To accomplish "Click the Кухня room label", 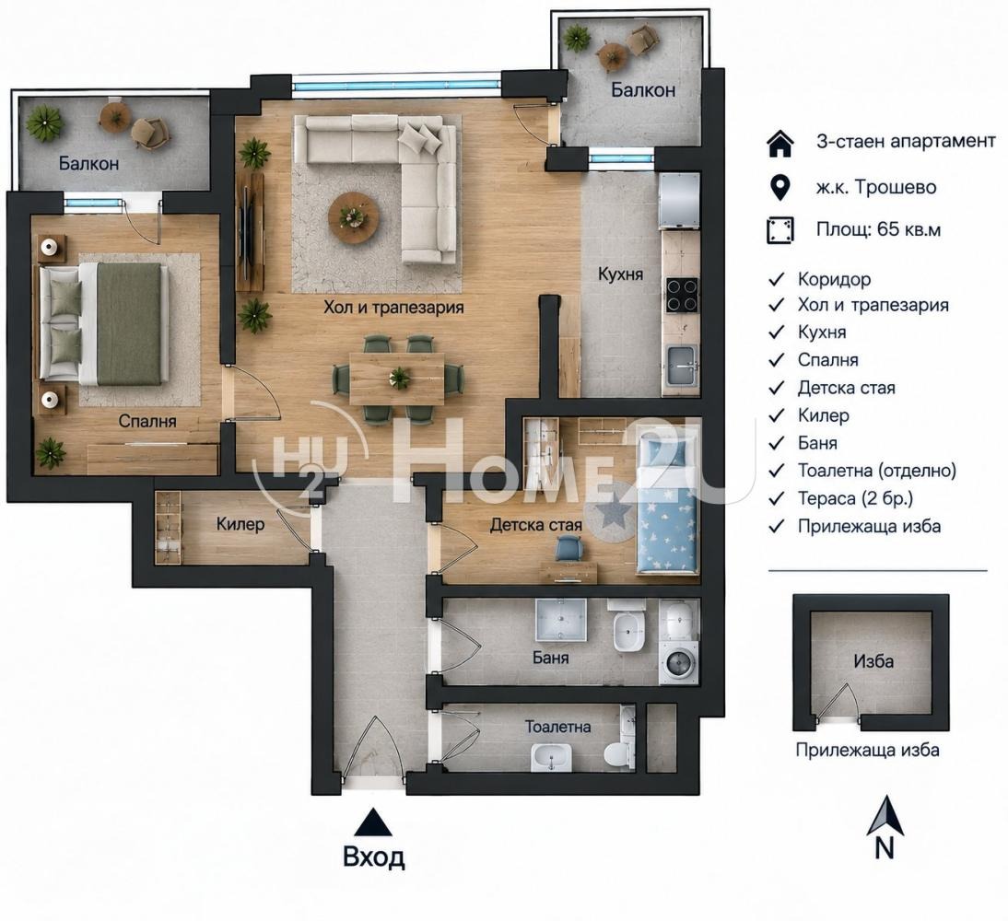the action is click(620, 274).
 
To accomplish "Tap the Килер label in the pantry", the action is click(240, 524).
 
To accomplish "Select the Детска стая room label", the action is click(536, 525).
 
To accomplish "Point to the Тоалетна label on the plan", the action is click(558, 727).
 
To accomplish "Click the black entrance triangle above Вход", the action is click(373, 822).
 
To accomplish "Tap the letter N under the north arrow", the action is click(885, 848).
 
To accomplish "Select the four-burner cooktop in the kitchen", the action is click(682, 295).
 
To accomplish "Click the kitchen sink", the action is click(681, 366).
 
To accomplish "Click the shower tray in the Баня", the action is click(561, 621).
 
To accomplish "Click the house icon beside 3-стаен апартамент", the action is click(781, 143).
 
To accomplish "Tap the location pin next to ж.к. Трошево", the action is click(780, 187).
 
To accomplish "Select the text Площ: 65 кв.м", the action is click(878, 229).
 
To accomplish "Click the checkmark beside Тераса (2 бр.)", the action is click(777, 499).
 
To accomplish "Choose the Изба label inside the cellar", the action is click(873, 660).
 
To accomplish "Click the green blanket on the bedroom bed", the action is click(129, 324).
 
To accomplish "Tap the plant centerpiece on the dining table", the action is click(399, 378).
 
